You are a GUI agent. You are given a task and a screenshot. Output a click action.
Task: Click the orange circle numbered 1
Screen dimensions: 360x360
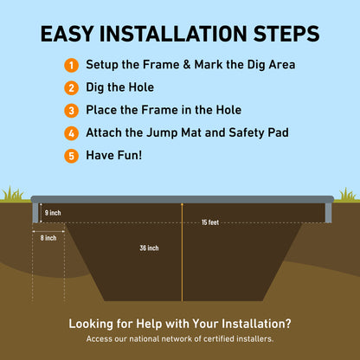pos(71,65)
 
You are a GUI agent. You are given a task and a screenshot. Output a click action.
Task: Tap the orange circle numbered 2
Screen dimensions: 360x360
pos(71,88)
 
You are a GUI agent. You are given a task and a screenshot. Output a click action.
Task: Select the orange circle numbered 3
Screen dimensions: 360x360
pos(71,111)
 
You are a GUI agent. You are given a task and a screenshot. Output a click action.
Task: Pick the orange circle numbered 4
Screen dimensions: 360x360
pos(71,133)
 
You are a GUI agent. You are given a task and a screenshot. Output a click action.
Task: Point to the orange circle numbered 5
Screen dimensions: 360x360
pos(71,156)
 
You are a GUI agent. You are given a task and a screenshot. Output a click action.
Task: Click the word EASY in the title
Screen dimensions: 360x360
pos(67,34)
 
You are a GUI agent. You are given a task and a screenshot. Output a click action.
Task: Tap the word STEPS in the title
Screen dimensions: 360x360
pos(286,34)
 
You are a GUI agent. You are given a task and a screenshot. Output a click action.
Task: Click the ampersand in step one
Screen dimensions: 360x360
pos(187,65)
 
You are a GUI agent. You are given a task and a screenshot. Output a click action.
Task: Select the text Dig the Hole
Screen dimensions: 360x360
pos(119,87)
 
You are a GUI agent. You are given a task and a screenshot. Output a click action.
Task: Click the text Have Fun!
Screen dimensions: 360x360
pos(114,155)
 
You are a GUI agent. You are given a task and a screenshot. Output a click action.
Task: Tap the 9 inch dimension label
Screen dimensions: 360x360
pos(53,213)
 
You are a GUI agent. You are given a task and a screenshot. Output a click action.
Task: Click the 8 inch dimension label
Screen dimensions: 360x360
pos(48,238)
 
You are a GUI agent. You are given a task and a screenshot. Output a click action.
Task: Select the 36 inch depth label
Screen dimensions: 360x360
pos(149,247)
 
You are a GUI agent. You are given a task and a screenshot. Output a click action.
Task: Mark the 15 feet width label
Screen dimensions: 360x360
pos(210,222)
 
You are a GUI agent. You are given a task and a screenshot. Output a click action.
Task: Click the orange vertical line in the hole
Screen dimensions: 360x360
pos(182,252)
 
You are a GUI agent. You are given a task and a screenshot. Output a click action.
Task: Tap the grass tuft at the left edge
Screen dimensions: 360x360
pos(12,193)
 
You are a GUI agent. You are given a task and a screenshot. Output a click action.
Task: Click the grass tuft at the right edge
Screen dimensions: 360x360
pos(348,194)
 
